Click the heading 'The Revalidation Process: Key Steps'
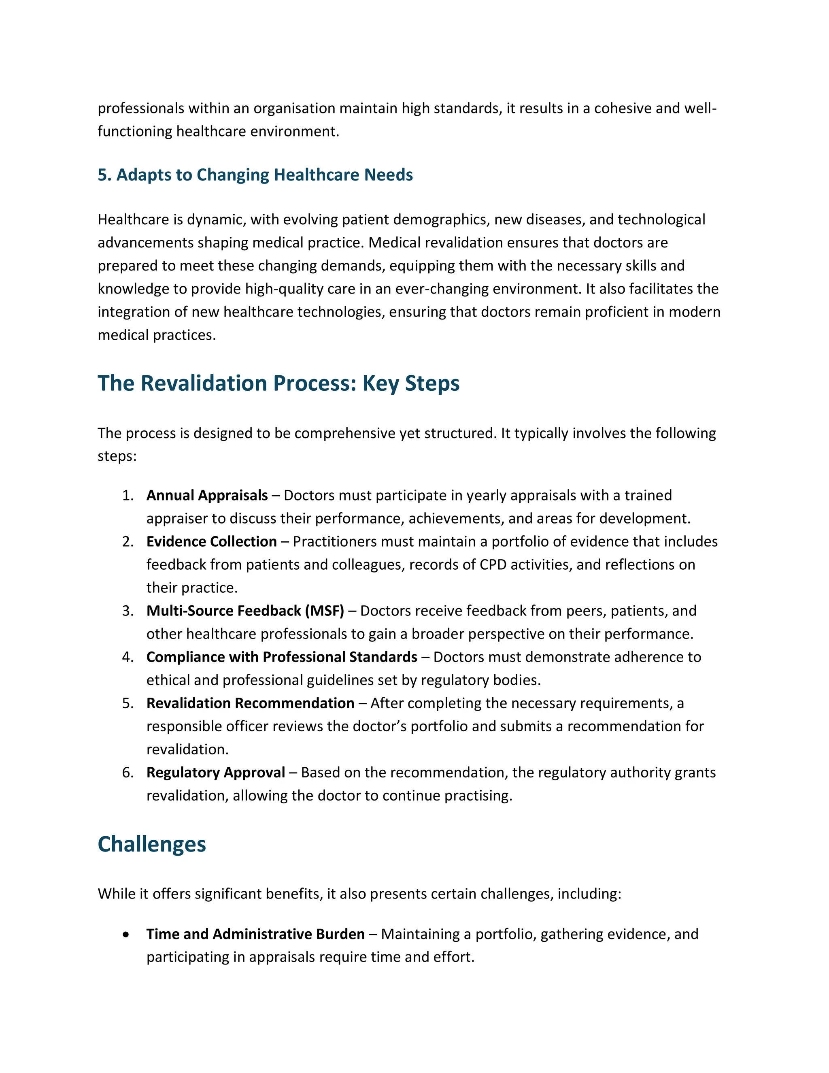[x=278, y=383]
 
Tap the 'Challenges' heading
[x=151, y=844]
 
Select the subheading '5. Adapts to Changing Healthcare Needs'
[x=255, y=175]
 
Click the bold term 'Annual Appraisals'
[x=207, y=495]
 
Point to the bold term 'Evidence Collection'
[x=211, y=541]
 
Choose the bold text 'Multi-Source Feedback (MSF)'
[x=245, y=611]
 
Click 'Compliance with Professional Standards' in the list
[x=281, y=657]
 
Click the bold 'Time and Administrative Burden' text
[x=255, y=934]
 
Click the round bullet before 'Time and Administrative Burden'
[x=127, y=935]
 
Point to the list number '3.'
[x=128, y=611]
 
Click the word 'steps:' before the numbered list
[x=117, y=456]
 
